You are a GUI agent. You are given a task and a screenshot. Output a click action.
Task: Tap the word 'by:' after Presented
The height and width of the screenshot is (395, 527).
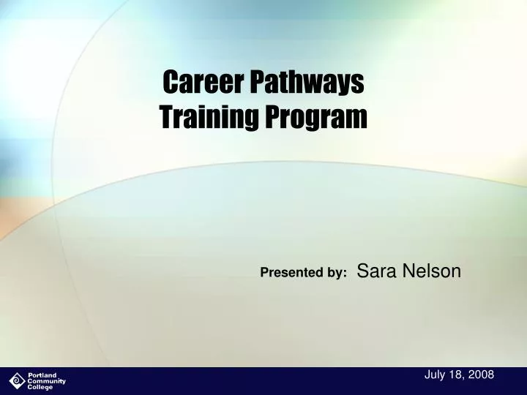[x=337, y=273]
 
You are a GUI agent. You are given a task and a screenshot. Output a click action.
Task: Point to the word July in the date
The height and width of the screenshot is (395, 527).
[x=435, y=375]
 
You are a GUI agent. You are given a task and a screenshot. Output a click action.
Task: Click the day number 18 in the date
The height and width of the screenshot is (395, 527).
[x=457, y=375]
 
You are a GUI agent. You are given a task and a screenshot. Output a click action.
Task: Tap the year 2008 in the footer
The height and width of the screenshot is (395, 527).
[x=481, y=375]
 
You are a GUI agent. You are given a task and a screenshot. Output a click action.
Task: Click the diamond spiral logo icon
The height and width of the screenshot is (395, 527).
[x=17, y=381]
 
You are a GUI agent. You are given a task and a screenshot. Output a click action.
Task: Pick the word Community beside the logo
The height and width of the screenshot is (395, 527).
[x=46, y=381]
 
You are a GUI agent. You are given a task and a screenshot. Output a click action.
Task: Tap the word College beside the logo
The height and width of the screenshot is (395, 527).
[x=40, y=387]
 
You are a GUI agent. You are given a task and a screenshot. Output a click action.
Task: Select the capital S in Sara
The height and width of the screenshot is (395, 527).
[x=362, y=271]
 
